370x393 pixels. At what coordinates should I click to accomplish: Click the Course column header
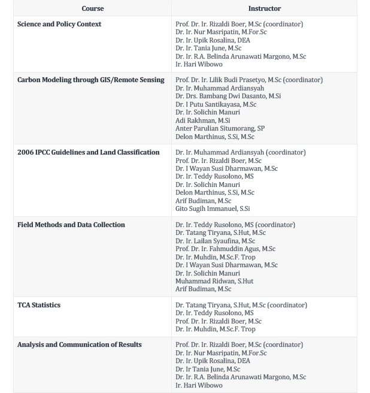pos(92,8)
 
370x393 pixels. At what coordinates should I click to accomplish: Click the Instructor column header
pos(264,8)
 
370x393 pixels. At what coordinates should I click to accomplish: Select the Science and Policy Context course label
pos(59,24)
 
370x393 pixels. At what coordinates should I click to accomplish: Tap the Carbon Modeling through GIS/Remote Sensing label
pos(90,80)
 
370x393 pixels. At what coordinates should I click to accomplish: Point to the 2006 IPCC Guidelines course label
pos(88,152)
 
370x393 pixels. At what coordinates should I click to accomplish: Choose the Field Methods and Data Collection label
pos(71,225)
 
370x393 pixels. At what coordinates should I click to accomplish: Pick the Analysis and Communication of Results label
pos(79,344)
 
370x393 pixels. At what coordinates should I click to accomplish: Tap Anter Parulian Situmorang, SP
pos(220,128)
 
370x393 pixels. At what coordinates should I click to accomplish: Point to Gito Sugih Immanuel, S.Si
pos(213,208)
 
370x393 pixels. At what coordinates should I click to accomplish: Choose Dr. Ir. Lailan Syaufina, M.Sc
pos(215,241)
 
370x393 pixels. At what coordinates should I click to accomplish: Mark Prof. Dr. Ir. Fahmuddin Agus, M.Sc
pos(225,249)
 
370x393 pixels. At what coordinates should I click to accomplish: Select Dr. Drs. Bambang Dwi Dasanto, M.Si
pos(228,96)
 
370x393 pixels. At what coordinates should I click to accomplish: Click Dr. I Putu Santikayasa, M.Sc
pos(216,104)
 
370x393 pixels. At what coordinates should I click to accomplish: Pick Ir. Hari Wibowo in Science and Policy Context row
pos(199,64)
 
